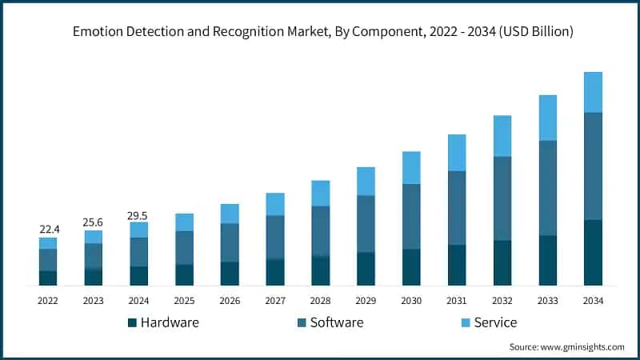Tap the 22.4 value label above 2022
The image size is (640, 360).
pyautogui.click(x=48, y=230)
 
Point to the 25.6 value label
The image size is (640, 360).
pyautogui.click(x=94, y=222)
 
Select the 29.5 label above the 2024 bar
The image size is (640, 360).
pyautogui.click(x=139, y=214)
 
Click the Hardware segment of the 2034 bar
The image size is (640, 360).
pyautogui.click(x=593, y=252)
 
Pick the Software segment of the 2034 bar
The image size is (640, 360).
pyautogui.click(x=593, y=166)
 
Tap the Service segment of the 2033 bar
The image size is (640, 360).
pyautogui.click(x=548, y=118)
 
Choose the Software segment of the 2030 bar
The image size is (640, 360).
pyautogui.click(x=411, y=216)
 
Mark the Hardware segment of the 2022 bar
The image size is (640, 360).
pyautogui.click(x=48, y=278)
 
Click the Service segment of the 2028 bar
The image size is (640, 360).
pyautogui.click(x=320, y=193)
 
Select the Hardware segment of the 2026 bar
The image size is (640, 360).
pyautogui.click(x=230, y=273)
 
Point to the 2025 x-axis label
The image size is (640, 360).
pyautogui.click(x=184, y=301)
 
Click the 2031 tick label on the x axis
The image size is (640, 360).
pyautogui.click(x=457, y=301)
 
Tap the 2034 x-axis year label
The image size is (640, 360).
pyautogui.click(x=593, y=301)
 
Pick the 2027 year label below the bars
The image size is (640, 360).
pyautogui.click(x=275, y=301)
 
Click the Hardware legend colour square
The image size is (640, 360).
pyautogui.click(x=132, y=322)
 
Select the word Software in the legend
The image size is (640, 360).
pyautogui.click(x=336, y=322)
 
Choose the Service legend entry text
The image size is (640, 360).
pyautogui.click(x=495, y=322)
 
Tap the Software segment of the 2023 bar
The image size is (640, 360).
pyautogui.click(x=94, y=256)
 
